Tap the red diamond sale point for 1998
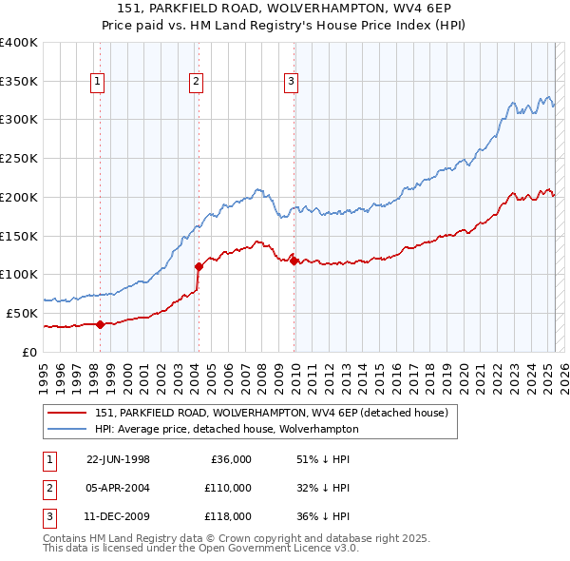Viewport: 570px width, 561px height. pyautogui.click(x=100, y=323)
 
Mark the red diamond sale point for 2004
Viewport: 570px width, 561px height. pyautogui.click(x=199, y=266)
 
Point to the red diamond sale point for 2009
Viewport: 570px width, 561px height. pyautogui.click(x=294, y=260)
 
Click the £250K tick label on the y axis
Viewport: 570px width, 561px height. pyautogui.click(x=19, y=158)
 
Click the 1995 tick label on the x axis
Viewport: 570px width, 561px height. pyautogui.click(x=44, y=376)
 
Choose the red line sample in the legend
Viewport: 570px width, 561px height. pyautogui.click(x=68, y=412)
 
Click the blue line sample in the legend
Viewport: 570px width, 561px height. pyautogui.click(x=68, y=429)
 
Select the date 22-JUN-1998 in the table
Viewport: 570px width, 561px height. pyautogui.click(x=118, y=459)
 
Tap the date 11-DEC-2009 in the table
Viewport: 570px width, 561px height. pyautogui.click(x=118, y=516)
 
